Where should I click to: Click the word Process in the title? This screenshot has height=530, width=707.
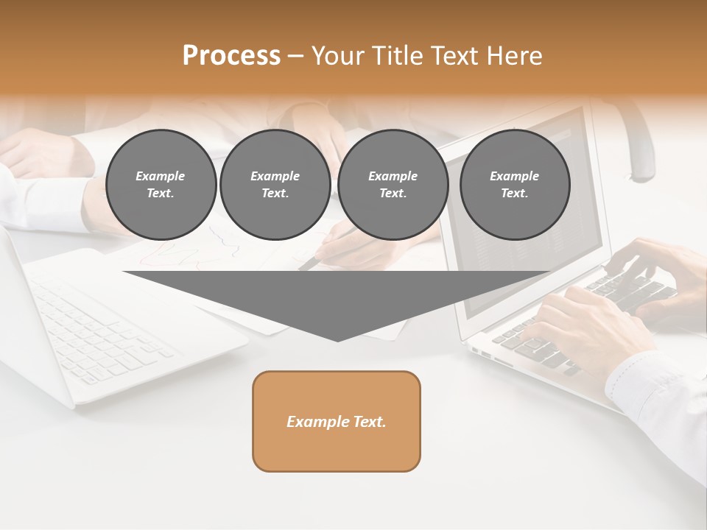click(x=231, y=55)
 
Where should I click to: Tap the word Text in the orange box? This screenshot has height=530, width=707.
click(x=370, y=422)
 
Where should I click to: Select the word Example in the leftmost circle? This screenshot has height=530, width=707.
click(x=161, y=176)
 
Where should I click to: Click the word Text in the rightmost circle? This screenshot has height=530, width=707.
click(x=515, y=193)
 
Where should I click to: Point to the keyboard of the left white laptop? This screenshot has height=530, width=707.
click(x=103, y=331)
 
